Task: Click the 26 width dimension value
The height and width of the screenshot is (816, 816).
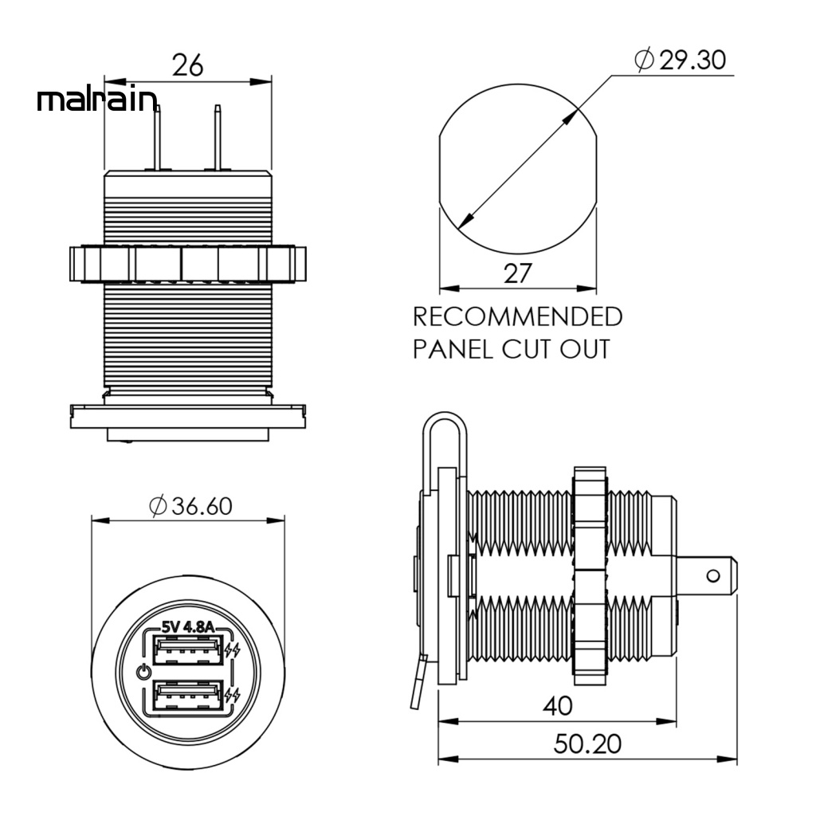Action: [x=188, y=65]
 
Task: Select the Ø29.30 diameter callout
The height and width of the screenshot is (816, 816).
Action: [x=680, y=60]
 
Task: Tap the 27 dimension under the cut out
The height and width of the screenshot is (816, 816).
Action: [x=517, y=273]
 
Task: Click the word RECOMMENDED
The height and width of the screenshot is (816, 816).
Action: [x=517, y=317]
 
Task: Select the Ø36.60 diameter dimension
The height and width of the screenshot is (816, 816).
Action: [x=190, y=506]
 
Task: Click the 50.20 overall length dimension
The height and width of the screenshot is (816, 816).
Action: [x=587, y=744]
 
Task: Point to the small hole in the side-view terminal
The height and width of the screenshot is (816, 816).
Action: [x=714, y=575]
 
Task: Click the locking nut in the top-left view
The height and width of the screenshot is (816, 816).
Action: [x=187, y=263]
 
